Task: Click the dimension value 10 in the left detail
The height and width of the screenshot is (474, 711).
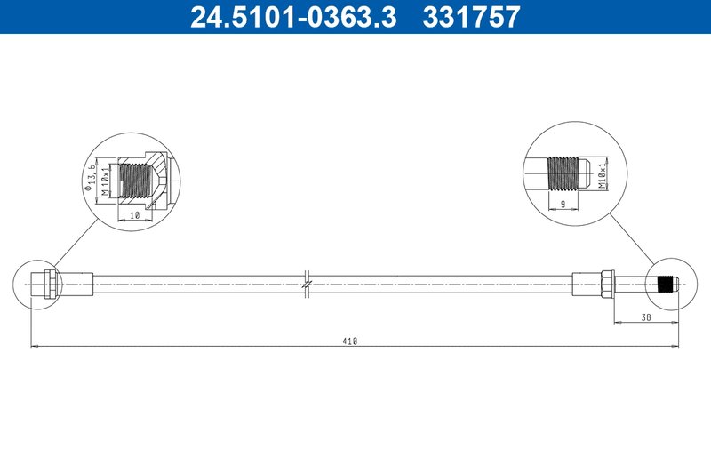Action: (135, 214)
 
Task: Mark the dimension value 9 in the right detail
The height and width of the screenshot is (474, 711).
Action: (563, 204)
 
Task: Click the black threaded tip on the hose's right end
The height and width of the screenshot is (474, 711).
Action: (667, 285)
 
